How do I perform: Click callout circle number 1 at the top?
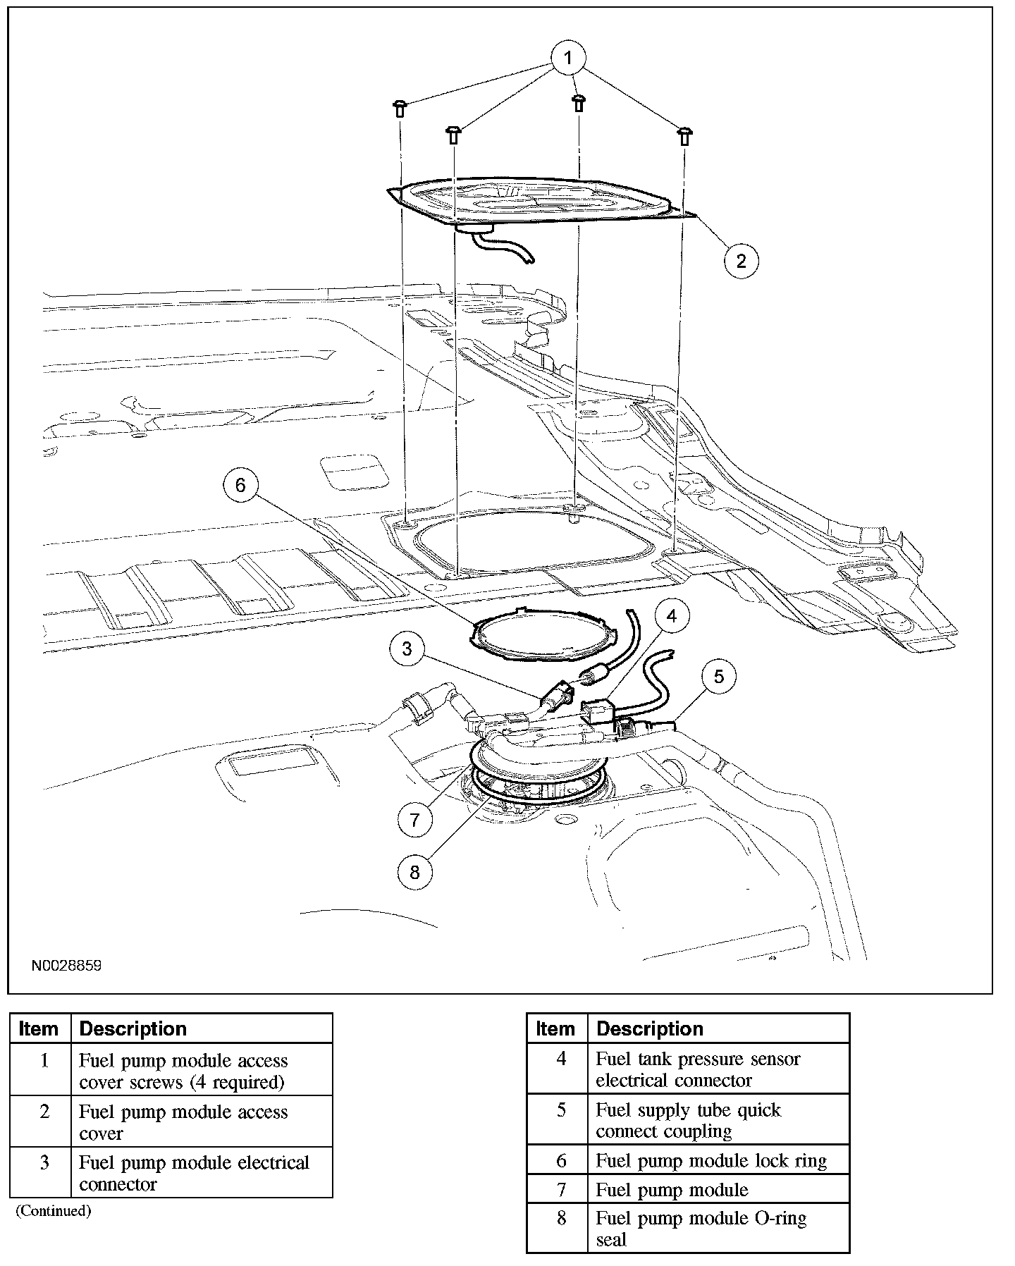point(568,56)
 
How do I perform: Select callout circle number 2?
point(741,261)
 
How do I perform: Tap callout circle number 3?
point(407,649)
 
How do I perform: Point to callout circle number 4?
point(671,617)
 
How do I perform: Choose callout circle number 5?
point(719,677)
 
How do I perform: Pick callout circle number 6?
point(240,485)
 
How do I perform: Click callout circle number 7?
point(414,820)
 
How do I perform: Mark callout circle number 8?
point(414,873)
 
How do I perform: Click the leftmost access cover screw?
point(400,108)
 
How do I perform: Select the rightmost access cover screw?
point(684,135)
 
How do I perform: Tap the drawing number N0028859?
point(66,966)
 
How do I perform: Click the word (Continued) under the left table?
point(54,1211)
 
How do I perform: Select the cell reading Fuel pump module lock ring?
point(710,1160)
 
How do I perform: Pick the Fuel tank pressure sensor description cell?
point(698,1069)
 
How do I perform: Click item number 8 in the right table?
point(561,1218)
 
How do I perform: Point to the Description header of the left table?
point(133,1029)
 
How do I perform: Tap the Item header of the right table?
point(555,1029)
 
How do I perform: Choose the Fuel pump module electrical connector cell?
point(194,1173)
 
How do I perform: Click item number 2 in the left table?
point(44,1112)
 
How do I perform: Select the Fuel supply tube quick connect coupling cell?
point(688,1120)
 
